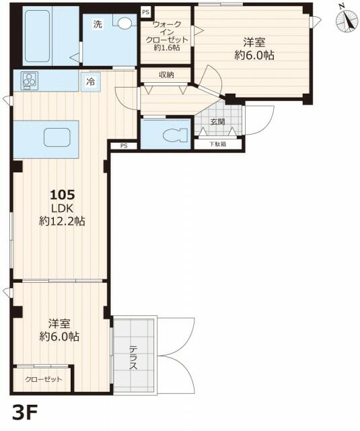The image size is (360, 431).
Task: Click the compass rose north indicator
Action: [x=347, y=21]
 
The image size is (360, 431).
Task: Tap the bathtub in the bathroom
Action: [x=37, y=36]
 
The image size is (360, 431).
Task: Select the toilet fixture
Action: [x=175, y=135]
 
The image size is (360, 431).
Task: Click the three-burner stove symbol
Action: [x=30, y=80]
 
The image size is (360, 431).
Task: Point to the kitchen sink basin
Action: [x=57, y=137]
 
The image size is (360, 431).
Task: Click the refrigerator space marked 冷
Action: [x=91, y=81]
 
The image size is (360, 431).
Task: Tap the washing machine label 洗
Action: [x=98, y=24]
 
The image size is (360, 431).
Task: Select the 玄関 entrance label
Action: [x=218, y=122]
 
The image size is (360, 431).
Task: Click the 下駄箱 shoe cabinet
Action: [x=218, y=143]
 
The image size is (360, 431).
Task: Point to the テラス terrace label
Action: [x=133, y=358]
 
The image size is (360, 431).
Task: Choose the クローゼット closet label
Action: [x=44, y=379]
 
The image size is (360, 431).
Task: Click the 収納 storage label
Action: [x=166, y=75]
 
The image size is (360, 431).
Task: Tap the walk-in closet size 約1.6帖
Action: [x=167, y=48]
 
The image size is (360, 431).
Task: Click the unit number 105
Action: [x=63, y=195]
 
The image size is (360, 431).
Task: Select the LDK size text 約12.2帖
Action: [x=62, y=221]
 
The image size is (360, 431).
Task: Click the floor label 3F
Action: [x=25, y=411]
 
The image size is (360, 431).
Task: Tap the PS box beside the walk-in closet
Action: [x=146, y=12]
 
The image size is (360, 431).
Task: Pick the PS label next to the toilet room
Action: [x=124, y=146]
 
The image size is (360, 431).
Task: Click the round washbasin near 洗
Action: [x=124, y=22]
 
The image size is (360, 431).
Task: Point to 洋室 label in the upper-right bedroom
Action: [x=254, y=42]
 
